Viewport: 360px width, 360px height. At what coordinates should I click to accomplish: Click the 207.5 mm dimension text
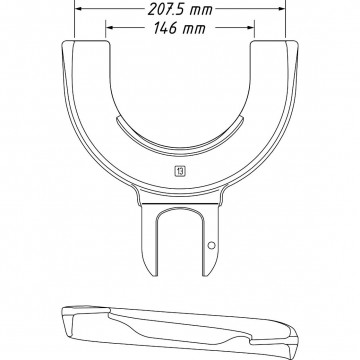click(180, 9)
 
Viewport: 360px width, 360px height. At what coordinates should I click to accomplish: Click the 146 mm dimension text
click(179, 28)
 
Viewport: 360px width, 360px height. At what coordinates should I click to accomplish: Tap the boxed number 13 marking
click(180, 171)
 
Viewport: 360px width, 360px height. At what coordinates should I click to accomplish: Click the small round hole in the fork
click(211, 246)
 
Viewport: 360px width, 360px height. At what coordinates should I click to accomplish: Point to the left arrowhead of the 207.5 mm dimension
click(78, 9)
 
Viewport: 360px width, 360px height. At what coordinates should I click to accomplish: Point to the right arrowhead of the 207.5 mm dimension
click(281, 9)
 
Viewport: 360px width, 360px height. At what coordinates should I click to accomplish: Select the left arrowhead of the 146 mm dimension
click(110, 28)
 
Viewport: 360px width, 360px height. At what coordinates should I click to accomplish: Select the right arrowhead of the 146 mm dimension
click(251, 28)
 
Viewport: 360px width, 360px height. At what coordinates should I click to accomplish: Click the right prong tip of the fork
click(207, 275)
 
